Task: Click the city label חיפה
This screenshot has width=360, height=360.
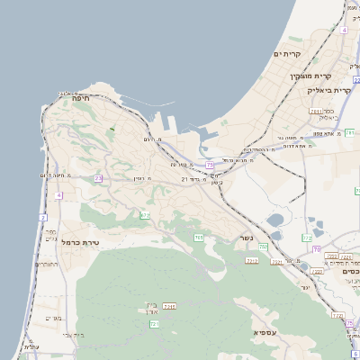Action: click(80, 102)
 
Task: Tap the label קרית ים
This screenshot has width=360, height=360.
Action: click(287, 54)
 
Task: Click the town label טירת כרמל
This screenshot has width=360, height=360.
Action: click(80, 242)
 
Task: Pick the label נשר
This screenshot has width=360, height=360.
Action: click(246, 238)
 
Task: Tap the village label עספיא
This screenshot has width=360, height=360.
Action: click(265, 334)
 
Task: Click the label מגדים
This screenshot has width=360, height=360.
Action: click(51, 318)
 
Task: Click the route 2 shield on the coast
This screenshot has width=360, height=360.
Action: click(42, 218)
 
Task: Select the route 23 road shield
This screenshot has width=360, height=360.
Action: click(97, 178)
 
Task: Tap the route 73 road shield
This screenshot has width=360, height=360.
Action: click(209, 165)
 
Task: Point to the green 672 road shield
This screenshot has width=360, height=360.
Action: click(145, 214)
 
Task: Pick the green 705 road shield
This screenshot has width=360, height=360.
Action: click(198, 237)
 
